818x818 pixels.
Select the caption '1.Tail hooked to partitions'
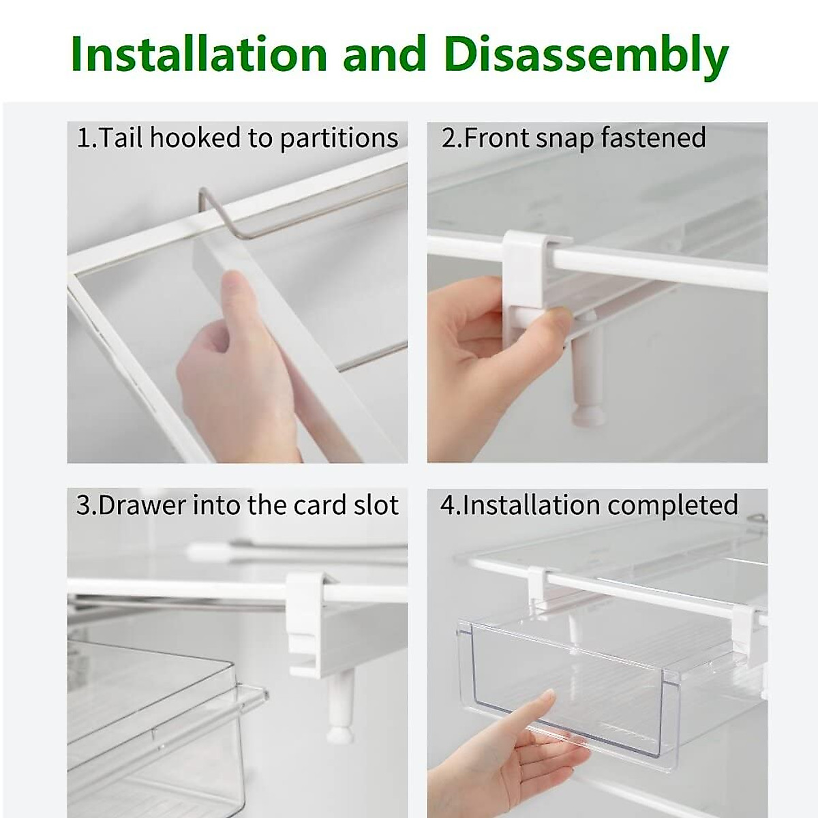tap(237, 138)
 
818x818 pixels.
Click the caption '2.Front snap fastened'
tap(573, 138)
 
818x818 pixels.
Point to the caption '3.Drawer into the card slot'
tap(237, 506)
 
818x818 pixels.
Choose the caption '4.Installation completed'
tap(589, 506)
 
